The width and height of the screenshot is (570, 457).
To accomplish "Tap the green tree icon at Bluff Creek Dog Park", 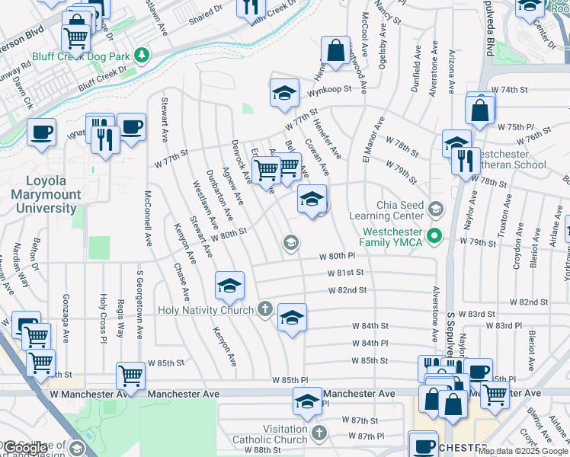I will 140,56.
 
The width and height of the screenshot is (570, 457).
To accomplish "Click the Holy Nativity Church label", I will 205,310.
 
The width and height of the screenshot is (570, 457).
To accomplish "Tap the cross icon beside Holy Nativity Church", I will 264,309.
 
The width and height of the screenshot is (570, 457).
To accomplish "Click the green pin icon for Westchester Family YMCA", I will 435,235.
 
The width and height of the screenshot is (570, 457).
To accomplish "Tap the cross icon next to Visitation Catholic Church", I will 319,433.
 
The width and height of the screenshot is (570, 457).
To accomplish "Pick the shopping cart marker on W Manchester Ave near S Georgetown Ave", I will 130,376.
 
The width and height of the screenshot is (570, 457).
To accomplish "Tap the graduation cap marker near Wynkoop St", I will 284,94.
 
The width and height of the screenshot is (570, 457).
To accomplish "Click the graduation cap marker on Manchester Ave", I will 307,401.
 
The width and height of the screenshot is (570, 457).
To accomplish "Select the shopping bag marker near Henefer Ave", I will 335,51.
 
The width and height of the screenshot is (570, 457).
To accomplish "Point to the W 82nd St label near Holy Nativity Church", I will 347,290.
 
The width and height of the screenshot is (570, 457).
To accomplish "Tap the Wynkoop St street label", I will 333,88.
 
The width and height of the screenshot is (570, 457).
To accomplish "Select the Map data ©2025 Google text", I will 523,451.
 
